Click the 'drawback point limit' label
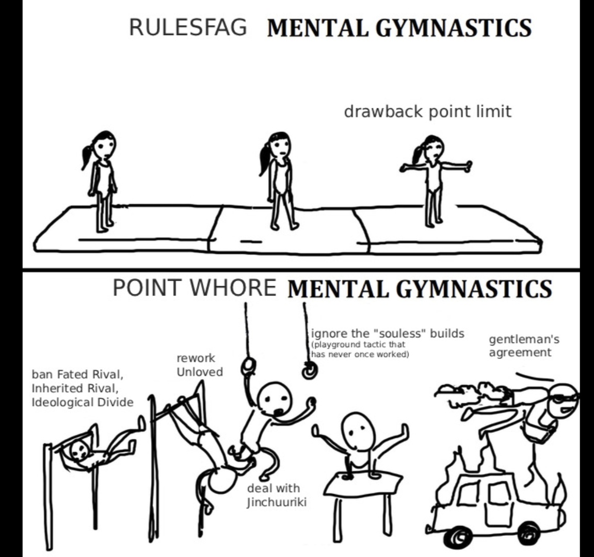[x=427, y=111]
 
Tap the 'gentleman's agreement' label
[x=523, y=346]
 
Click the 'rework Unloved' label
[x=199, y=365]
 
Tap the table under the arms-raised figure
[x=364, y=483]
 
